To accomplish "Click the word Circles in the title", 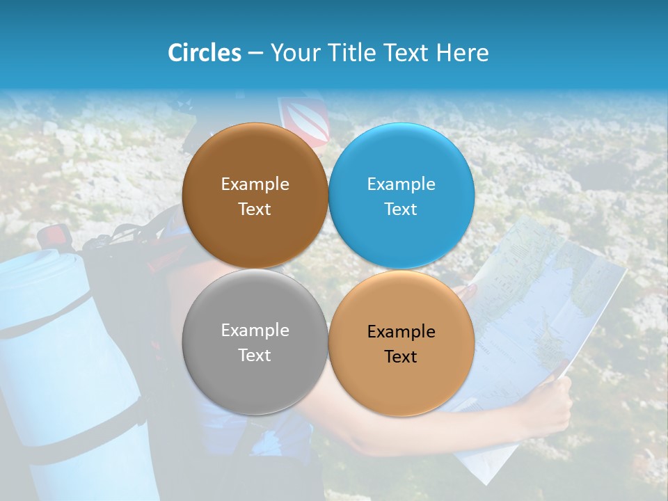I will (x=204, y=53).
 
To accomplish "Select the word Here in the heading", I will (x=462, y=53).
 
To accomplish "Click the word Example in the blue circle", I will (x=401, y=184).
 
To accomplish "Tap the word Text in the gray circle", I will (x=255, y=355).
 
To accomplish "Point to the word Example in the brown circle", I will (x=255, y=184).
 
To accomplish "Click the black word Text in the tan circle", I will (x=401, y=356).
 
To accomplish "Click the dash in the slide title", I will (x=255, y=53).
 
